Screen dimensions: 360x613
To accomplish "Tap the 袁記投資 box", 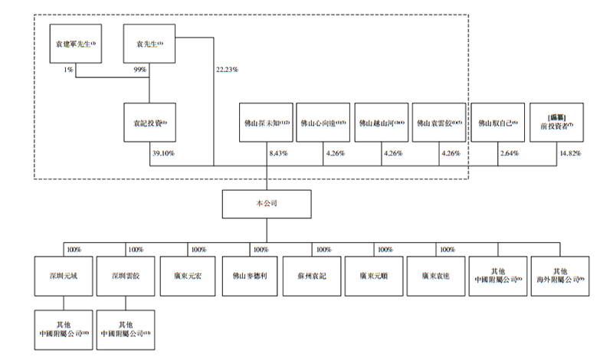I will point(149,123).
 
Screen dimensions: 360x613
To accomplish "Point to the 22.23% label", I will point(227,70).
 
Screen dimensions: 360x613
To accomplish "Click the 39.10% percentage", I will point(163,153).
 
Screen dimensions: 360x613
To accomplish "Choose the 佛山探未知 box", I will point(266,123).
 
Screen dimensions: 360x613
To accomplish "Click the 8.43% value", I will point(277,153).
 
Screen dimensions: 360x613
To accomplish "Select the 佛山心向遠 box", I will point(323,123).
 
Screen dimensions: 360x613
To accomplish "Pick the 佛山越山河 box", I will point(381,123).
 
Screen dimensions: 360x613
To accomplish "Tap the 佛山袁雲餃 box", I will point(439,123).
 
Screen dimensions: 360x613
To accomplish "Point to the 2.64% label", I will point(508,153).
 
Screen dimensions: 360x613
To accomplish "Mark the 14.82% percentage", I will point(569,153).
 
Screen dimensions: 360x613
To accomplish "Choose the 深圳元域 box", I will point(64,273).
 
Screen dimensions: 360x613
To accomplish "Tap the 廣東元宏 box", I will point(188,273).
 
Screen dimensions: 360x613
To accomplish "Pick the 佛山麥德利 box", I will point(249,273).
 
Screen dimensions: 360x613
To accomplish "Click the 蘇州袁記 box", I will point(311,273).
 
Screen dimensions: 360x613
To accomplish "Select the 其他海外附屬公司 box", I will point(559,273).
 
